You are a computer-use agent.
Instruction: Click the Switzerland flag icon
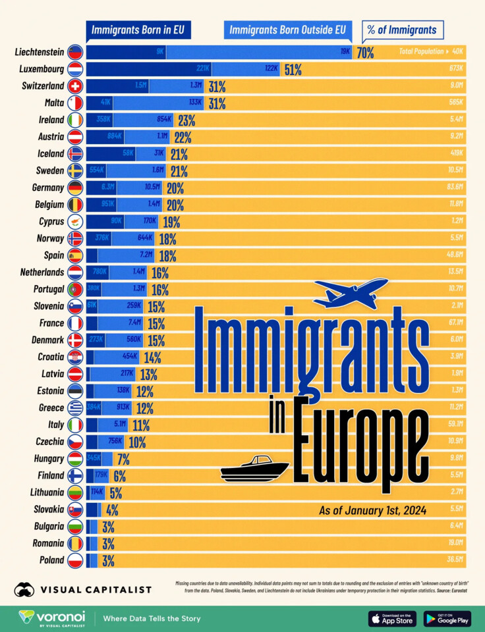(75, 86)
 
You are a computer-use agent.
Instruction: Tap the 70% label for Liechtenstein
(365, 53)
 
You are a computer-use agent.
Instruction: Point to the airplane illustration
(351, 294)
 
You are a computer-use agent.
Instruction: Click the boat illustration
(254, 468)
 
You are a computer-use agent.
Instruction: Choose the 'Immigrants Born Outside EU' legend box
(287, 30)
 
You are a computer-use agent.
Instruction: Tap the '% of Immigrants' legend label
(403, 30)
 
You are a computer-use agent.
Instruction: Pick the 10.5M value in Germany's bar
(153, 188)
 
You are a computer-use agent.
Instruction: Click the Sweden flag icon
(75, 171)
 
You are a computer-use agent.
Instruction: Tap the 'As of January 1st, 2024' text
(372, 510)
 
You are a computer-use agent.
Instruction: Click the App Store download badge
(392, 618)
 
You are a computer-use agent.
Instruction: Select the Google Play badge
(447, 618)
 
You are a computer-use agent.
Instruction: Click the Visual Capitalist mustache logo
(25, 589)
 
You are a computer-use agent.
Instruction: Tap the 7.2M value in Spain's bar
(146, 255)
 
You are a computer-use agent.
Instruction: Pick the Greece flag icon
(75, 408)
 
